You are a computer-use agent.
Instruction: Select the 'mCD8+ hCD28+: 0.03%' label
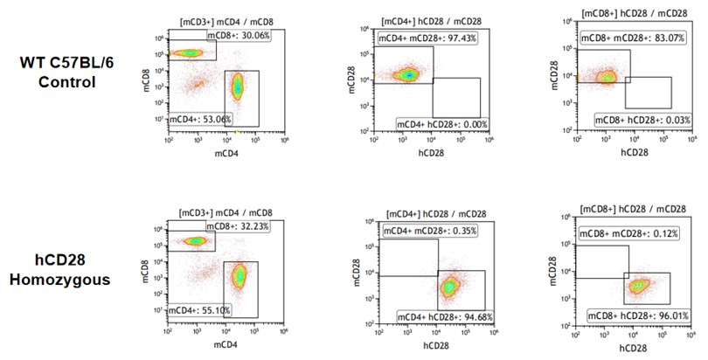coord(640,120)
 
